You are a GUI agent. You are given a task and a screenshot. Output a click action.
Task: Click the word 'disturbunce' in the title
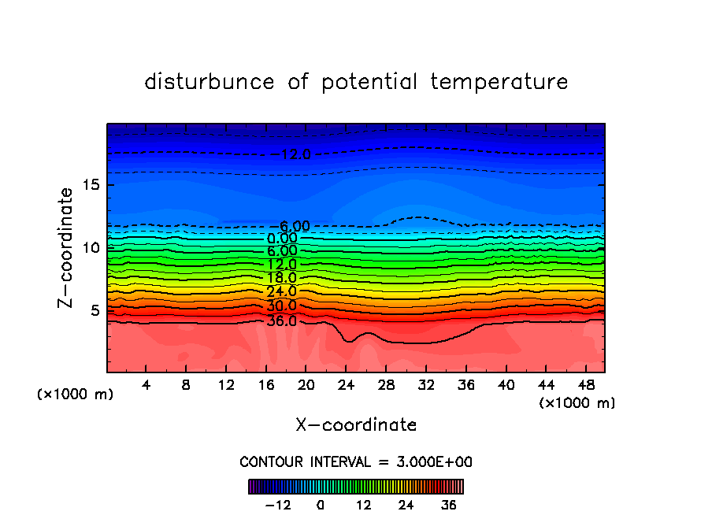point(210,82)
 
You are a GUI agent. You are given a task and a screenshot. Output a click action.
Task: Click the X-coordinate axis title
point(356,425)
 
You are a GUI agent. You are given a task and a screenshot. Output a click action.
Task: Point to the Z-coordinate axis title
point(66,247)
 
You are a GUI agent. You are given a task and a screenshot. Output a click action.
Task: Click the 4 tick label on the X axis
point(146,386)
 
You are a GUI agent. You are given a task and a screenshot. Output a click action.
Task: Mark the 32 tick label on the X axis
point(425,386)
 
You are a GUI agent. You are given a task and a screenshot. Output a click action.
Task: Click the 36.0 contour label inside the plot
point(281,321)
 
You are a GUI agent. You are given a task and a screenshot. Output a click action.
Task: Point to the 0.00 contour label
point(282,239)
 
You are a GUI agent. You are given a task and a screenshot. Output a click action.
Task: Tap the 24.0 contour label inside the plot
point(281,292)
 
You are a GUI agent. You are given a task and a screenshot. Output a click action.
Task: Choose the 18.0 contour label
point(281,278)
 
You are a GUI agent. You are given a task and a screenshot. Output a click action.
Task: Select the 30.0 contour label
point(281,306)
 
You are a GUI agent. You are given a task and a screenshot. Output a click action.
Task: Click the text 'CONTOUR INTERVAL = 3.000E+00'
point(356,461)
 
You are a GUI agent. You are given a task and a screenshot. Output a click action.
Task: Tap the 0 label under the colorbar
point(321,505)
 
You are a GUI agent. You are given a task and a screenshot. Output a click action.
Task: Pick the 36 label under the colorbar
point(449,505)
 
